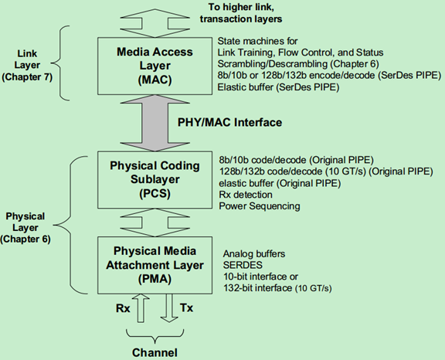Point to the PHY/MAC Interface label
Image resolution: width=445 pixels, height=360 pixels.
[229, 122]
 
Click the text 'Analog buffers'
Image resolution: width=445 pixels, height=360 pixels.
[255, 253]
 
